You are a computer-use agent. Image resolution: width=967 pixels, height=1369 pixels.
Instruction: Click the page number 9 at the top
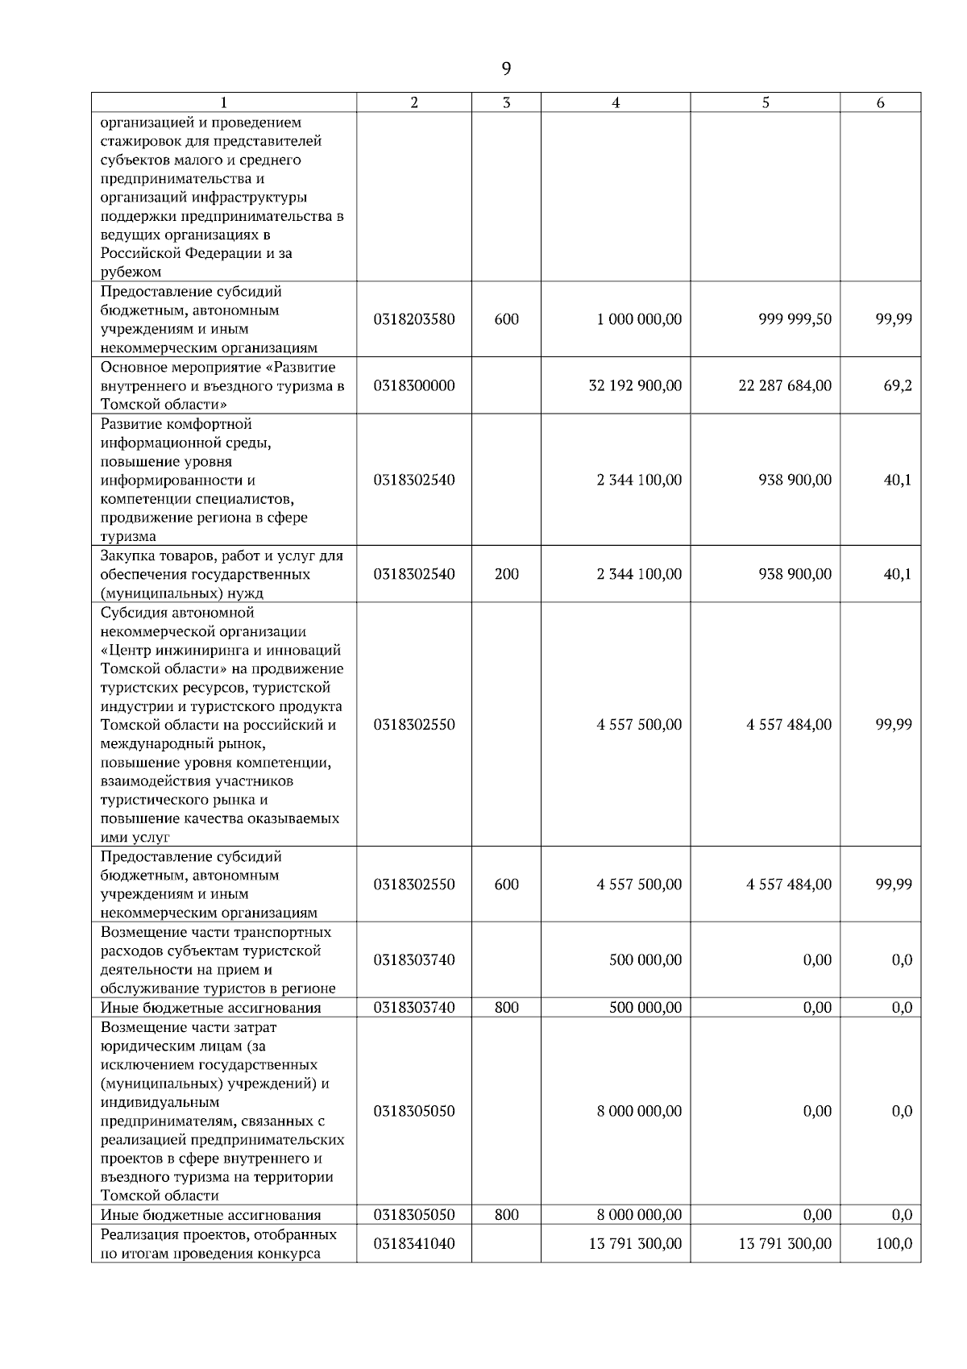[x=506, y=69]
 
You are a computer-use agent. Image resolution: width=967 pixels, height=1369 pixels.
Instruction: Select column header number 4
[x=616, y=102]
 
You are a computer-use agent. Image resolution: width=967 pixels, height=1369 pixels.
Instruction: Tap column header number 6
[x=880, y=102]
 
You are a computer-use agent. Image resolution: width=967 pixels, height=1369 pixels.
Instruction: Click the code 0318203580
[x=413, y=319]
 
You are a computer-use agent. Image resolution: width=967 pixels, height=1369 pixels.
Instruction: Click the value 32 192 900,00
[x=635, y=385]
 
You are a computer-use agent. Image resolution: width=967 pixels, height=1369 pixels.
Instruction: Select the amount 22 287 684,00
[x=785, y=385]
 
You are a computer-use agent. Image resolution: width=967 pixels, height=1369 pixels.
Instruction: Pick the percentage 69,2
[x=897, y=385]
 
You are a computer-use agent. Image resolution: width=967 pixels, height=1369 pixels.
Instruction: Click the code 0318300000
[x=413, y=385]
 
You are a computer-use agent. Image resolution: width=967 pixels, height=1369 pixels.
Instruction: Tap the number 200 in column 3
[x=506, y=574]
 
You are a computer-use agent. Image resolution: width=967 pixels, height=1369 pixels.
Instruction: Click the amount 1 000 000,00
[x=639, y=319]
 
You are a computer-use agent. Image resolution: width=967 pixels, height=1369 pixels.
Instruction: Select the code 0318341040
[x=413, y=1244]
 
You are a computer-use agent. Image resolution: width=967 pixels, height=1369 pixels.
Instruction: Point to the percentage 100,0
[x=894, y=1244]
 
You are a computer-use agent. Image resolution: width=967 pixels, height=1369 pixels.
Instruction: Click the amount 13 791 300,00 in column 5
[x=785, y=1244]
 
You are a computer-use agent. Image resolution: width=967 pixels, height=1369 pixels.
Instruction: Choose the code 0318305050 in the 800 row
[x=413, y=1215]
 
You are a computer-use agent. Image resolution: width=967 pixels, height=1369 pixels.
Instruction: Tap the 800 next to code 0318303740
[x=506, y=1007]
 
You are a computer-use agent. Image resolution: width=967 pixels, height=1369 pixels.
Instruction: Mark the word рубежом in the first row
[x=131, y=273]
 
